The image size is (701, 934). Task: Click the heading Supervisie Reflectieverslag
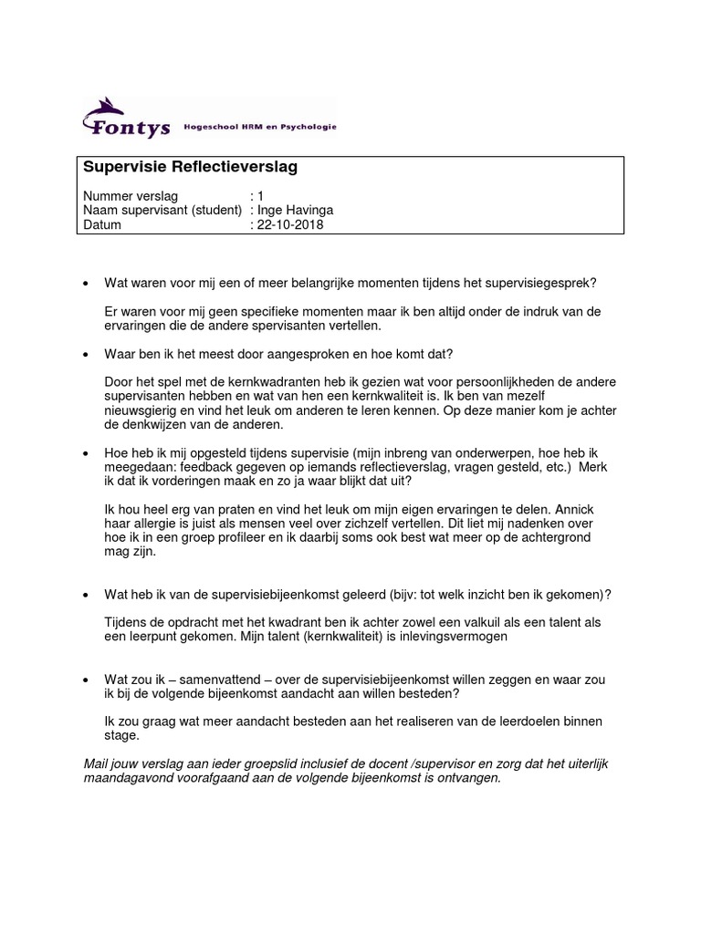pyautogui.click(x=190, y=168)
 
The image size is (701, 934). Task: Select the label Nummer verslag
pyautogui.click(x=131, y=196)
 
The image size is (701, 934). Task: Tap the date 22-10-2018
pyautogui.click(x=290, y=224)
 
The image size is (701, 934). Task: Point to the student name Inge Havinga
pyautogui.click(x=295, y=211)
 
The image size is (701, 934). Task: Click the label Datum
pyautogui.click(x=102, y=224)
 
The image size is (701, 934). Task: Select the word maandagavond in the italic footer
pyautogui.click(x=124, y=780)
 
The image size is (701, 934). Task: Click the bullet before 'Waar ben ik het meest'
pyautogui.click(x=85, y=354)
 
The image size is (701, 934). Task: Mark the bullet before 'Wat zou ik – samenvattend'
pyautogui.click(x=85, y=680)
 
